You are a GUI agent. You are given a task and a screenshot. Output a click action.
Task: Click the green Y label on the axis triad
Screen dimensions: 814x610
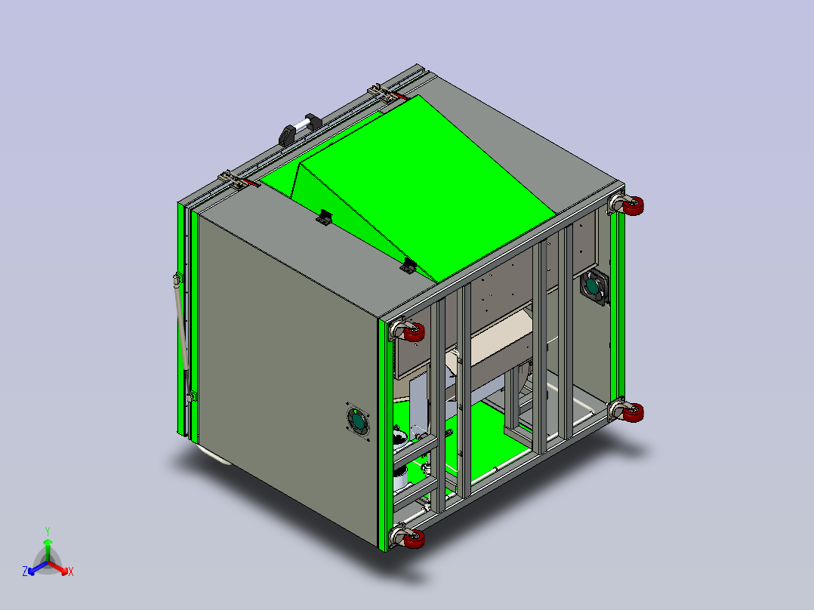point(48,531)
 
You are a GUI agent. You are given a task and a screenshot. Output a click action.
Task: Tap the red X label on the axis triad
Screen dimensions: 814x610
point(71,571)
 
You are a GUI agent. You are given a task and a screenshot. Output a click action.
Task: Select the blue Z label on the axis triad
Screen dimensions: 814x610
point(25,571)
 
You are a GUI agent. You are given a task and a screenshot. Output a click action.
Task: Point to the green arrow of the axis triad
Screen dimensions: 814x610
point(48,550)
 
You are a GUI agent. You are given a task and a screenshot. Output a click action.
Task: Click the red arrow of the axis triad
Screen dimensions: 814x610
point(57,568)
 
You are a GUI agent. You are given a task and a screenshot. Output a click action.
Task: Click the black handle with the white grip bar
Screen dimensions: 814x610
point(300,129)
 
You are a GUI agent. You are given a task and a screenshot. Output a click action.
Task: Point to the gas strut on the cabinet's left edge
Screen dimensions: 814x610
point(183,337)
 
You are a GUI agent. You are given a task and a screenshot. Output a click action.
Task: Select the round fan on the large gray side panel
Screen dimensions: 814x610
point(358,421)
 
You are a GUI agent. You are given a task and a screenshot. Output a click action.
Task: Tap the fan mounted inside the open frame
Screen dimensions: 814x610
point(594,287)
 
